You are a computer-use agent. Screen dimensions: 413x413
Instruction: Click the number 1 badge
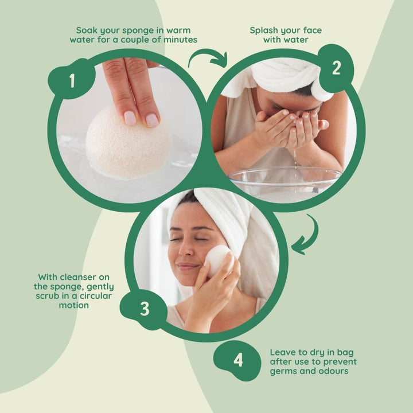[72, 81]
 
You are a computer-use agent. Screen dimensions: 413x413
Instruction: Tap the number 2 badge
[336, 68]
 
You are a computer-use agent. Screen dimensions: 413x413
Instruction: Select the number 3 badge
[145, 309]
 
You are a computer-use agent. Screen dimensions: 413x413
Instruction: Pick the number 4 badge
[238, 360]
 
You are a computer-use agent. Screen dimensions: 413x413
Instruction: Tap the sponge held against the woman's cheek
[217, 260]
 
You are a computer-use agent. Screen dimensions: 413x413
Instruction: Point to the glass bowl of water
[285, 182]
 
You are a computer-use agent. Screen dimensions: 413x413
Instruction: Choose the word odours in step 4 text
[337, 371]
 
